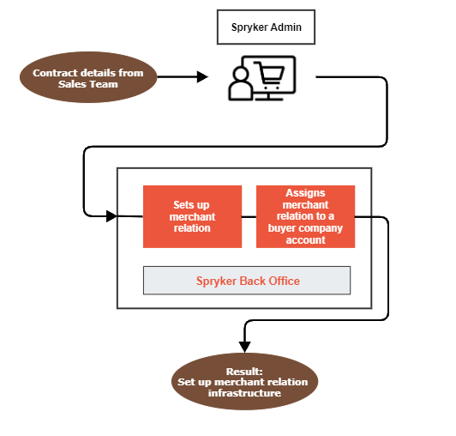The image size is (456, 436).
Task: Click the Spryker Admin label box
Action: (x=266, y=27)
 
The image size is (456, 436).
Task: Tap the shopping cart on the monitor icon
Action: (x=269, y=76)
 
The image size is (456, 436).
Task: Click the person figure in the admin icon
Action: (x=240, y=84)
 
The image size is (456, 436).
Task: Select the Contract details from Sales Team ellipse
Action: (x=88, y=77)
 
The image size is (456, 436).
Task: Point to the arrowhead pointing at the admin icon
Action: (x=202, y=77)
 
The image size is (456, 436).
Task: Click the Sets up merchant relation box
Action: (x=192, y=216)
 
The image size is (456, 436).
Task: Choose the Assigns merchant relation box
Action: (x=305, y=216)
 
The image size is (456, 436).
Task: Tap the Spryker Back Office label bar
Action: (x=247, y=281)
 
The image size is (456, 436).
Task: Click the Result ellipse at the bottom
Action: (x=244, y=382)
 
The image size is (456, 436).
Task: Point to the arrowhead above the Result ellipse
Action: (x=244, y=347)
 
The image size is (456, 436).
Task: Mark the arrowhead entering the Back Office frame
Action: (x=111, y=216)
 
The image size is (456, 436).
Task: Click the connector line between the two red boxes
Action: (x=249, y=216)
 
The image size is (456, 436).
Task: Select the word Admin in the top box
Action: (x=286, y=27)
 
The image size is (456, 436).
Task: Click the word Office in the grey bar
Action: (x=284, y=281)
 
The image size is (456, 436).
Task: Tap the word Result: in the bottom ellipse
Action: (x=244, y=372)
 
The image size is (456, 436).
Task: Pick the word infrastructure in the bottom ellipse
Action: (x=244, y=393)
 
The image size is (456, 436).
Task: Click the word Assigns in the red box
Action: (x=305, y=193)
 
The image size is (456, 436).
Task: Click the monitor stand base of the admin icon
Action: (x=269, y=100)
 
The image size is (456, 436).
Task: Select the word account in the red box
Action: (x=305, y=240)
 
